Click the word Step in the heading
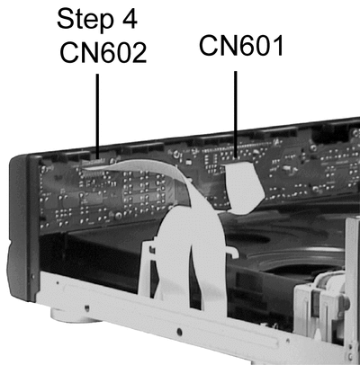click(x=85, y=20)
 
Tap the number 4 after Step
click(x=130, y=19)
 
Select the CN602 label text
click(x=103, y=52)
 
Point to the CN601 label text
click(x=241, y=46)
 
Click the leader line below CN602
click(x=97, y=116)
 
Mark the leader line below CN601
click(x=236, y=114)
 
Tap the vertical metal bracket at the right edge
click(x=353, y=288)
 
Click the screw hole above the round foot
click(x=86, y=307)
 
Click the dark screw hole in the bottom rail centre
click(x=179, y=332)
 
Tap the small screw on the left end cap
click(x=32, y=275)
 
